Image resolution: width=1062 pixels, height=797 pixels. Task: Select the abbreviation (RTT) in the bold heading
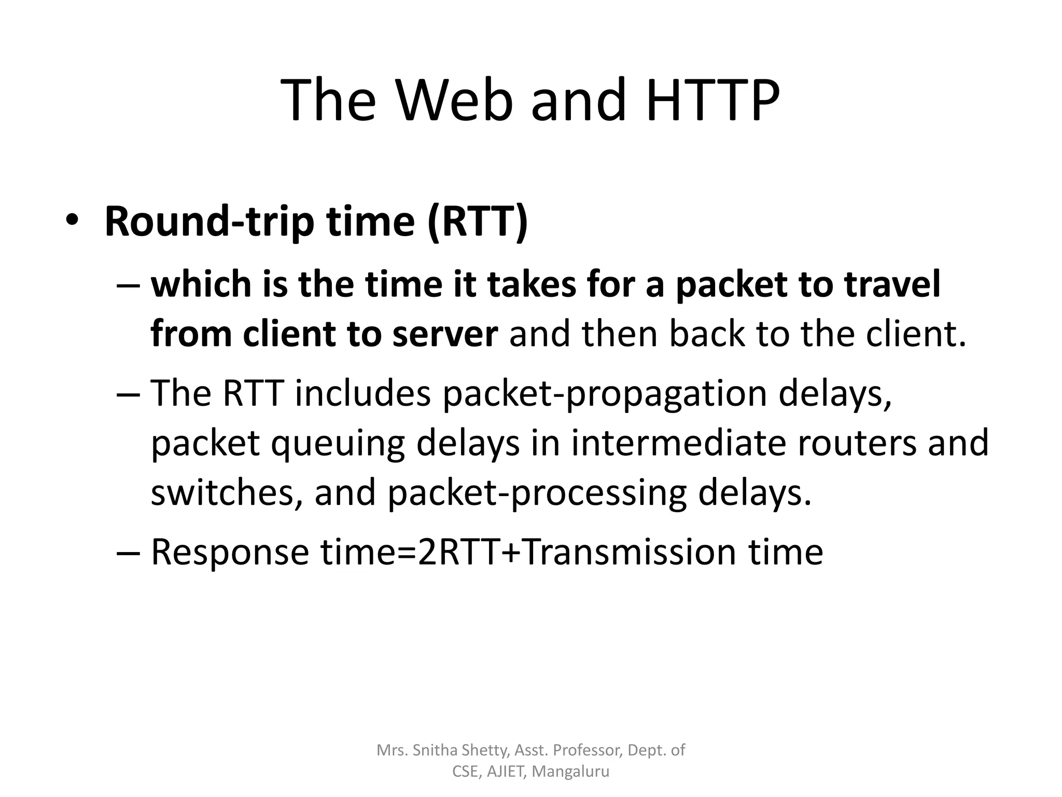pos(478,221)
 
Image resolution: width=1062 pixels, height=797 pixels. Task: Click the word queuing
pos(338,444)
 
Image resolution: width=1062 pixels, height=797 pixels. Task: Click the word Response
pos(230,552)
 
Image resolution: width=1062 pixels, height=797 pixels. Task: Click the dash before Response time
pos(128,552)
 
